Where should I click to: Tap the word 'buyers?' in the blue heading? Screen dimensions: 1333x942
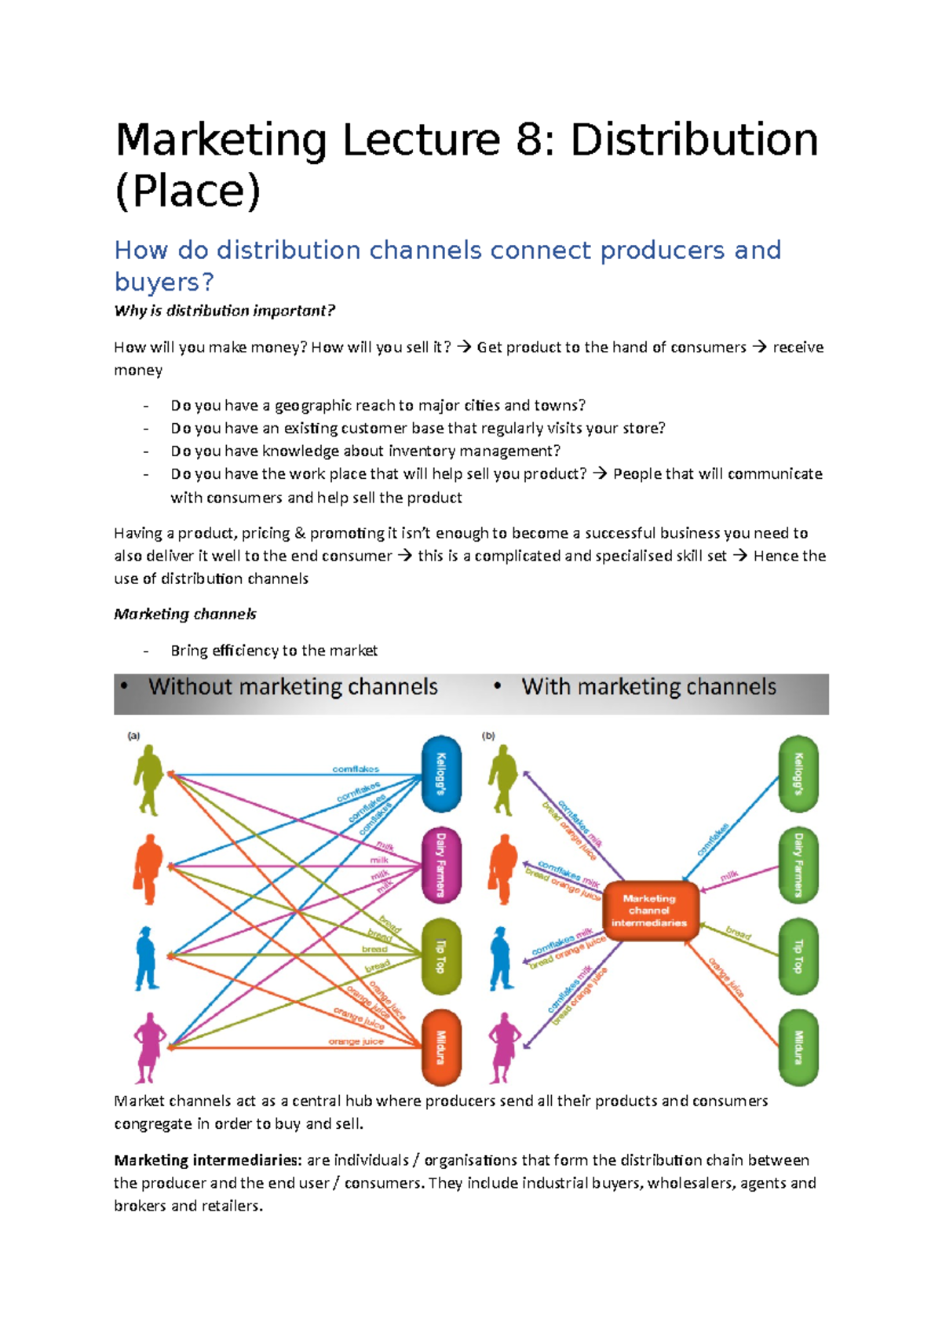[163, 282]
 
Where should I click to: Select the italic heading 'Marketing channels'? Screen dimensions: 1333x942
[185, 614]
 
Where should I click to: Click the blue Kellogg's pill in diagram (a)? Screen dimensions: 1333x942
[441, 774]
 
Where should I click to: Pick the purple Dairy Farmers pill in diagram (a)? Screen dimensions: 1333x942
[441, 865]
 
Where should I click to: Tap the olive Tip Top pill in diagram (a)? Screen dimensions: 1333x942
[441, 956]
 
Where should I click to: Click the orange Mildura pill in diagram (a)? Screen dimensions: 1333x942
[441, 1047]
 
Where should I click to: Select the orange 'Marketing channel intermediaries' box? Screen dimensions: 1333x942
[649, 911]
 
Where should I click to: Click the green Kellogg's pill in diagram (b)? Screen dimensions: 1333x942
[798, 774]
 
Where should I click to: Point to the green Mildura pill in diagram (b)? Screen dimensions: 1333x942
[798, 1047]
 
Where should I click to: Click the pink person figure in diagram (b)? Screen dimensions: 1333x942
[503, 1047]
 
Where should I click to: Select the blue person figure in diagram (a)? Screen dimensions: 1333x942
[146, 958]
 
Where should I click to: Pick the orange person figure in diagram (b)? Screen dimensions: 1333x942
[502, 869]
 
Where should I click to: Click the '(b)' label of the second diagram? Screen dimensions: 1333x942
[489, 736]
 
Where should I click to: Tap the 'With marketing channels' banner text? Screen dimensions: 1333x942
[648, 687]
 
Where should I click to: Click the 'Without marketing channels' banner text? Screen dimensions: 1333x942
[293, 687]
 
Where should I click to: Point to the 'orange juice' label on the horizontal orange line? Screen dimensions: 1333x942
[356, 1042]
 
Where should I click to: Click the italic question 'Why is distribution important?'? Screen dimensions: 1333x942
[225, 311]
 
